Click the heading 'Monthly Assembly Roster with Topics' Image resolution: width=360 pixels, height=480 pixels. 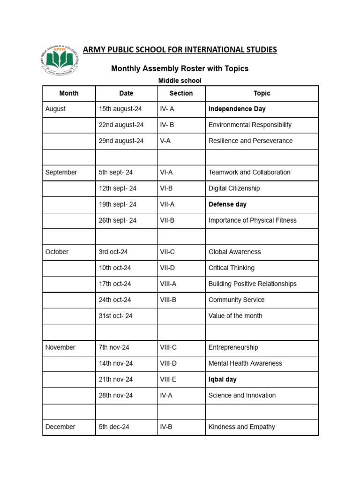(x=180, y=69)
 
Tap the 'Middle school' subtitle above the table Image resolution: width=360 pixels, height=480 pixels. (x=180, y=81)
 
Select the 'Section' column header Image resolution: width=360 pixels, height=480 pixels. (x=181, y=93)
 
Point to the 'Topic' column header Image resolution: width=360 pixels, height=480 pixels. (x=262, y=93)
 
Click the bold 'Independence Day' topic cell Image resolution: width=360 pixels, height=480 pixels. (x=237, y=109)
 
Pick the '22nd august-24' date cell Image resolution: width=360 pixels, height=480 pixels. (x=121, y=125)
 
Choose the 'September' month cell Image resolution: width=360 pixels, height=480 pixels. (x=61, y=172)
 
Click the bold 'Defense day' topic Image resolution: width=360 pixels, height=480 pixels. (x=227, y=204)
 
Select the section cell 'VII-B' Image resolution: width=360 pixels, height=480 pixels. (x=167, y=220)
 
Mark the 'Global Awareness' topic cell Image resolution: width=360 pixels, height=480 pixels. (x=234, y=252)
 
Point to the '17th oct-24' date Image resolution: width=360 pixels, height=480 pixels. (x=115, y=284)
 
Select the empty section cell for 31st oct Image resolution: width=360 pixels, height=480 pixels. (x=181, y=315)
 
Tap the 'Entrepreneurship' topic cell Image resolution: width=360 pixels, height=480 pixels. (x=233, y=347)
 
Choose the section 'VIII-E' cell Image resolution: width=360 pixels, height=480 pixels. (x=169, y=379)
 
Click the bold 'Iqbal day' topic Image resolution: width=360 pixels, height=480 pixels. (x=223, y=379)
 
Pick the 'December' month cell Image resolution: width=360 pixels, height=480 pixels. (x=60, y=427)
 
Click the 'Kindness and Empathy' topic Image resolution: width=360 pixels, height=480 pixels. (x=241, y=427)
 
